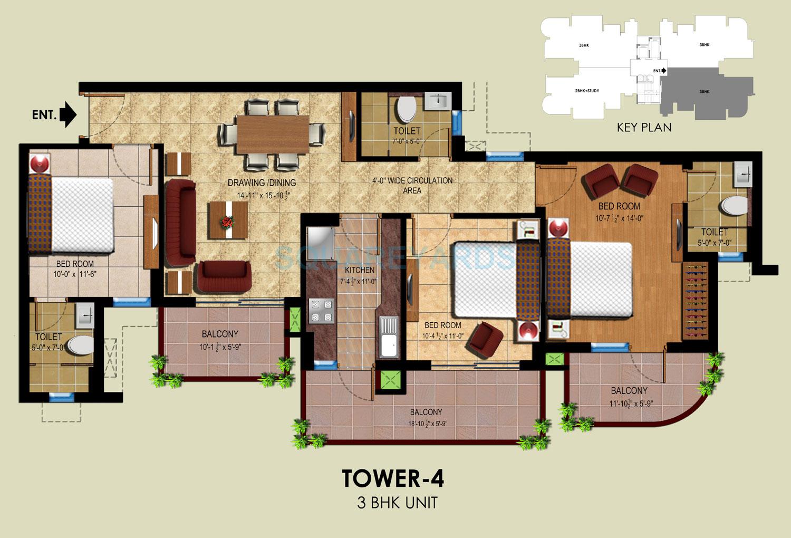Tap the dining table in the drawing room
272,134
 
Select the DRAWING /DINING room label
262,182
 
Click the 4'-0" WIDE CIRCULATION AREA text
412,185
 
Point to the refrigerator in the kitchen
319,243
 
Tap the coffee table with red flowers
228,220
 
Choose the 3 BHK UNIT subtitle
397,503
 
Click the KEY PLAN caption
644,128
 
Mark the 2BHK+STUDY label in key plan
587,91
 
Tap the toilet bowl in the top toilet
406,109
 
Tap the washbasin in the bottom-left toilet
84,316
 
